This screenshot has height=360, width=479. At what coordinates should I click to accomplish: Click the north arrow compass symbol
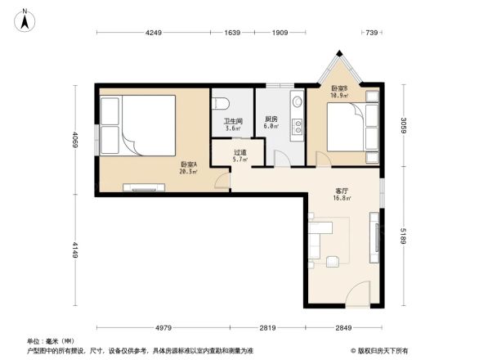tap(25, 20)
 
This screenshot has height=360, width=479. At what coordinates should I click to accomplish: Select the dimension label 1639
tap(232, 33)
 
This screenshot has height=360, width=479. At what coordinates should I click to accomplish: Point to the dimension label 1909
tap(280, 33)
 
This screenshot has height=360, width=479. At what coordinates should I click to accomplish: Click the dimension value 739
tap(372, 33)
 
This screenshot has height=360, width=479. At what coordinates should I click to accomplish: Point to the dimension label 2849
tap(344, 328)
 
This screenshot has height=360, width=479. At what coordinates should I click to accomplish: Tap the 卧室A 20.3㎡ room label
tap(187, 168)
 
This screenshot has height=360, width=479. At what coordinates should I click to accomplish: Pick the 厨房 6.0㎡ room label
tap(271, 123)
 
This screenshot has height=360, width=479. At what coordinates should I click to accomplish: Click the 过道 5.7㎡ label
tap(239, 155)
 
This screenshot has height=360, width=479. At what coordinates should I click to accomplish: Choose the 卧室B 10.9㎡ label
tap(339, 92)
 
